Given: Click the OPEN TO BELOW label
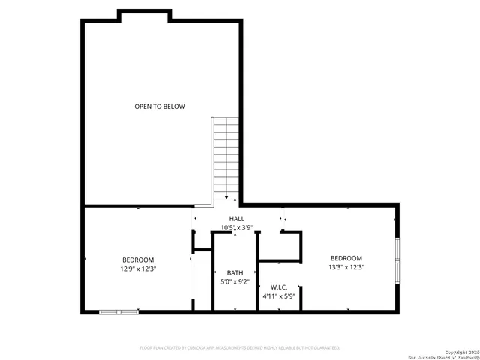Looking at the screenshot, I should [160, 106].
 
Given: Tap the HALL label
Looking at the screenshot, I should [237, 218].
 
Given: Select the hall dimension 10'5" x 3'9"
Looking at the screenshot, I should [237, 227].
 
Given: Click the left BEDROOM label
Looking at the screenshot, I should [138, 259].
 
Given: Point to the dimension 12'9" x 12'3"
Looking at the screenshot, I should [138, 268].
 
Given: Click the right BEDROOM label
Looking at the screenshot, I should [346, 257].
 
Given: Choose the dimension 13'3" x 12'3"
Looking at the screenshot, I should [346, 266].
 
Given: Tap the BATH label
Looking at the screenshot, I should [235, 273].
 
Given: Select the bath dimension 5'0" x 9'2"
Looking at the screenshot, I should [235, 282].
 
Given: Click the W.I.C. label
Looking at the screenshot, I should [279, 287].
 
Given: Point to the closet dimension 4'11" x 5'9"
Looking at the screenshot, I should [279, 296].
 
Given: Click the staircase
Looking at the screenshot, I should [226, 157].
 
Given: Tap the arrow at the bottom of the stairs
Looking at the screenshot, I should [226, 197].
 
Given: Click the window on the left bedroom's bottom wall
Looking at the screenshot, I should [118, 311].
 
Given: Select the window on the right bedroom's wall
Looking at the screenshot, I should [397, 258].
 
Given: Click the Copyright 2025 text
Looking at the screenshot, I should [460, 352].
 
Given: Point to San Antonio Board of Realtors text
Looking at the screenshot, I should [443, 356].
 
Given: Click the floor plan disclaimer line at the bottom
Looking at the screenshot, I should [240, 347].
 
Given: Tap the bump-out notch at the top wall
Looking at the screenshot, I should [143, 14].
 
